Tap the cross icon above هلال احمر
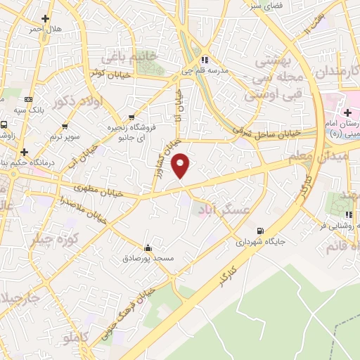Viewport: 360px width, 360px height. point(46,18)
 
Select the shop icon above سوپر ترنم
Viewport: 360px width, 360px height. point(65,127)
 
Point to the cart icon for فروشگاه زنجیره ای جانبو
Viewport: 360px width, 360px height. point(132,117)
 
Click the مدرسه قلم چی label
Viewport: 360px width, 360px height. point(205,70)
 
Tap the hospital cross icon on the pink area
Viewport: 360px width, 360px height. point(347,112)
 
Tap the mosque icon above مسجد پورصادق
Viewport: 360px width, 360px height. point(148,247)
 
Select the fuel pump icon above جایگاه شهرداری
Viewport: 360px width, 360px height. point(261,231)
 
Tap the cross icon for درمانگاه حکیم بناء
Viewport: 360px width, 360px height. point(25,151)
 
